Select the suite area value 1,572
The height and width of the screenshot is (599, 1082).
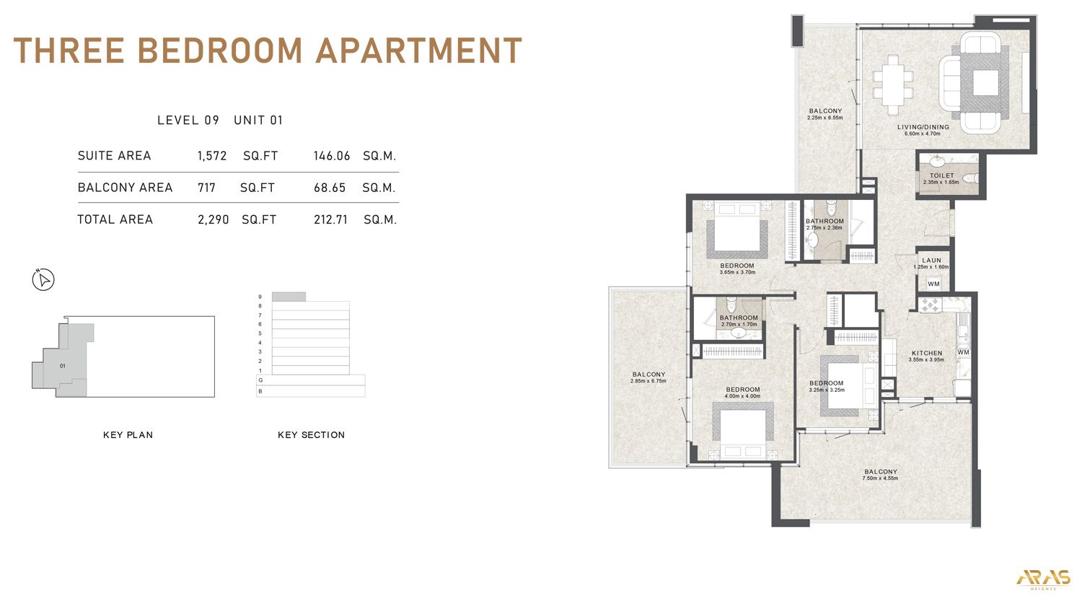click(x=212, y=156)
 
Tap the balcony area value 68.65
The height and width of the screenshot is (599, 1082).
click(x=330, y=188)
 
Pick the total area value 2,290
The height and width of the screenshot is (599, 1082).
click(x=213, y=219)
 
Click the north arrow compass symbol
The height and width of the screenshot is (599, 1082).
click(x=44, y=280)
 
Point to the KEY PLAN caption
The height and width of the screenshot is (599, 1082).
click(x=128, y=435)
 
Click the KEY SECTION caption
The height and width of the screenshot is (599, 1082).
click(x=311, y=435)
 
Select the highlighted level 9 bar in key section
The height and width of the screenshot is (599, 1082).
click(x=289, y=297)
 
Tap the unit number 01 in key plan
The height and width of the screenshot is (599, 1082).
click(x=63, y=366)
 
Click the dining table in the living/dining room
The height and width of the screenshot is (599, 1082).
click(x=893, y=85)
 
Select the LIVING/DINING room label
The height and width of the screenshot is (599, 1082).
click(x=923, y=127)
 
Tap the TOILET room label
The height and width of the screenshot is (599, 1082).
click(x=941, y=175)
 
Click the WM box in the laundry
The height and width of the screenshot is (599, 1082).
click(x=933, y=284)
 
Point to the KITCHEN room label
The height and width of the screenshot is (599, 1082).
click(x=926, y=353)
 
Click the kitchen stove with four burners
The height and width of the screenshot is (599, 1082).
click(x=928, y=305)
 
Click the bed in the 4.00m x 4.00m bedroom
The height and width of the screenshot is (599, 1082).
click(x=743, y=431)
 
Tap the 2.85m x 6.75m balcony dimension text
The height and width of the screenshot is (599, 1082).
click(x=648, y=380)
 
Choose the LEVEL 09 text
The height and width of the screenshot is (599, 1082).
click(x=188, y=121)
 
